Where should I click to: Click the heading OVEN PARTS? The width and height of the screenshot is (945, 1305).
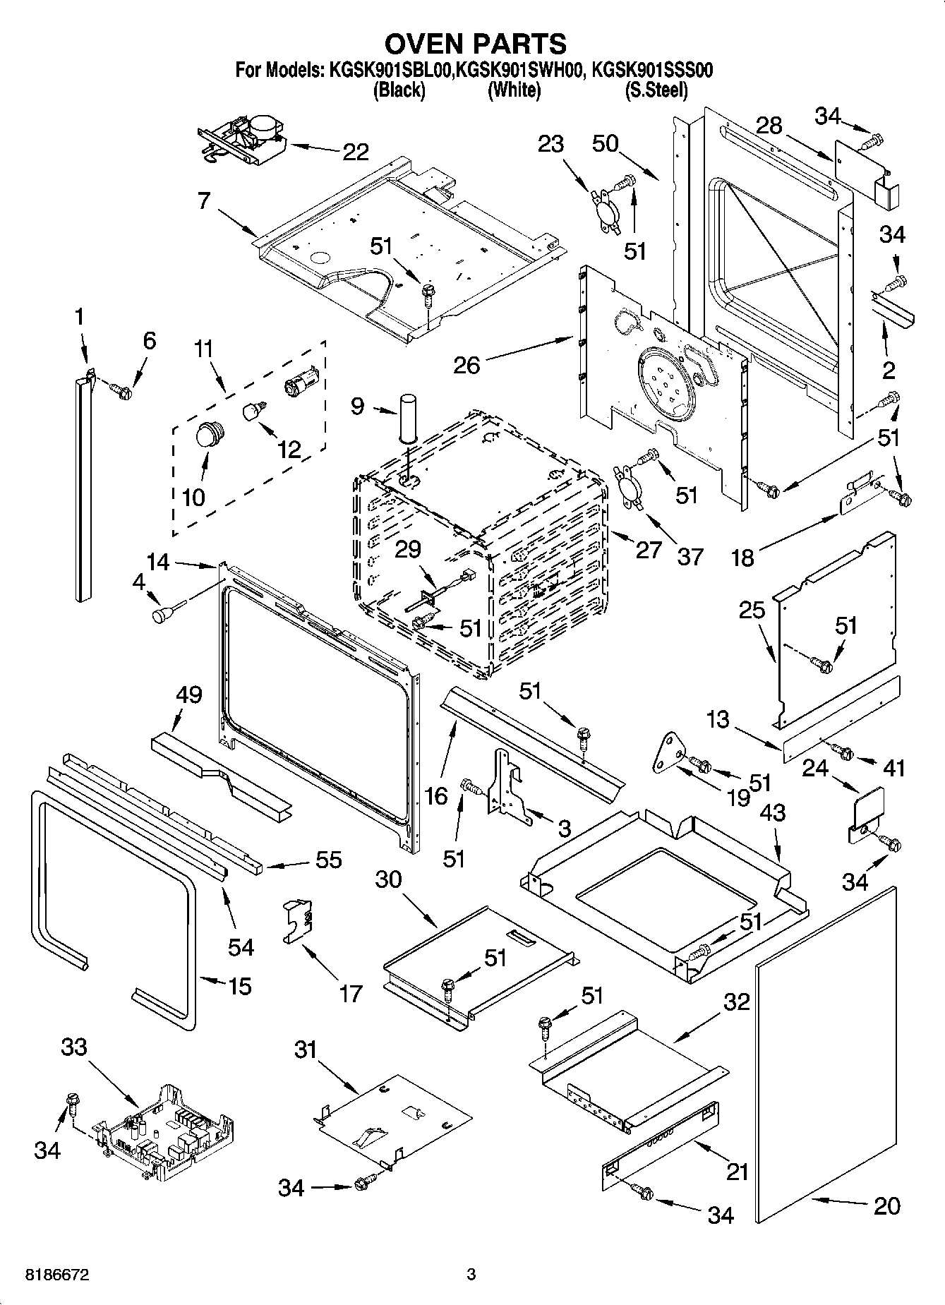pos(474,44)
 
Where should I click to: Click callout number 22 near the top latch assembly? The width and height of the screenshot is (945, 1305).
pos(354,151)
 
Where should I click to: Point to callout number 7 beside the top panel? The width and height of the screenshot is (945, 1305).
pos(204,200)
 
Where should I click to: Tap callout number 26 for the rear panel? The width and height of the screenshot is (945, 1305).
pos(467,364)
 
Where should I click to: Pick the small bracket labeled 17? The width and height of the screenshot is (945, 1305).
pos(299,920)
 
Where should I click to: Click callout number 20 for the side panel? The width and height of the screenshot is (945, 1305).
pos(886,1205)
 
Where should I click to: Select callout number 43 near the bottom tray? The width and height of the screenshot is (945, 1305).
pos(772,812)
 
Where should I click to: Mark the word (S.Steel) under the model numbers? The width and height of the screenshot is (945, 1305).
pos(656,90)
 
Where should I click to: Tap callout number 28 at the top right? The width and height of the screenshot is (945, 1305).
pos(769,126)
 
